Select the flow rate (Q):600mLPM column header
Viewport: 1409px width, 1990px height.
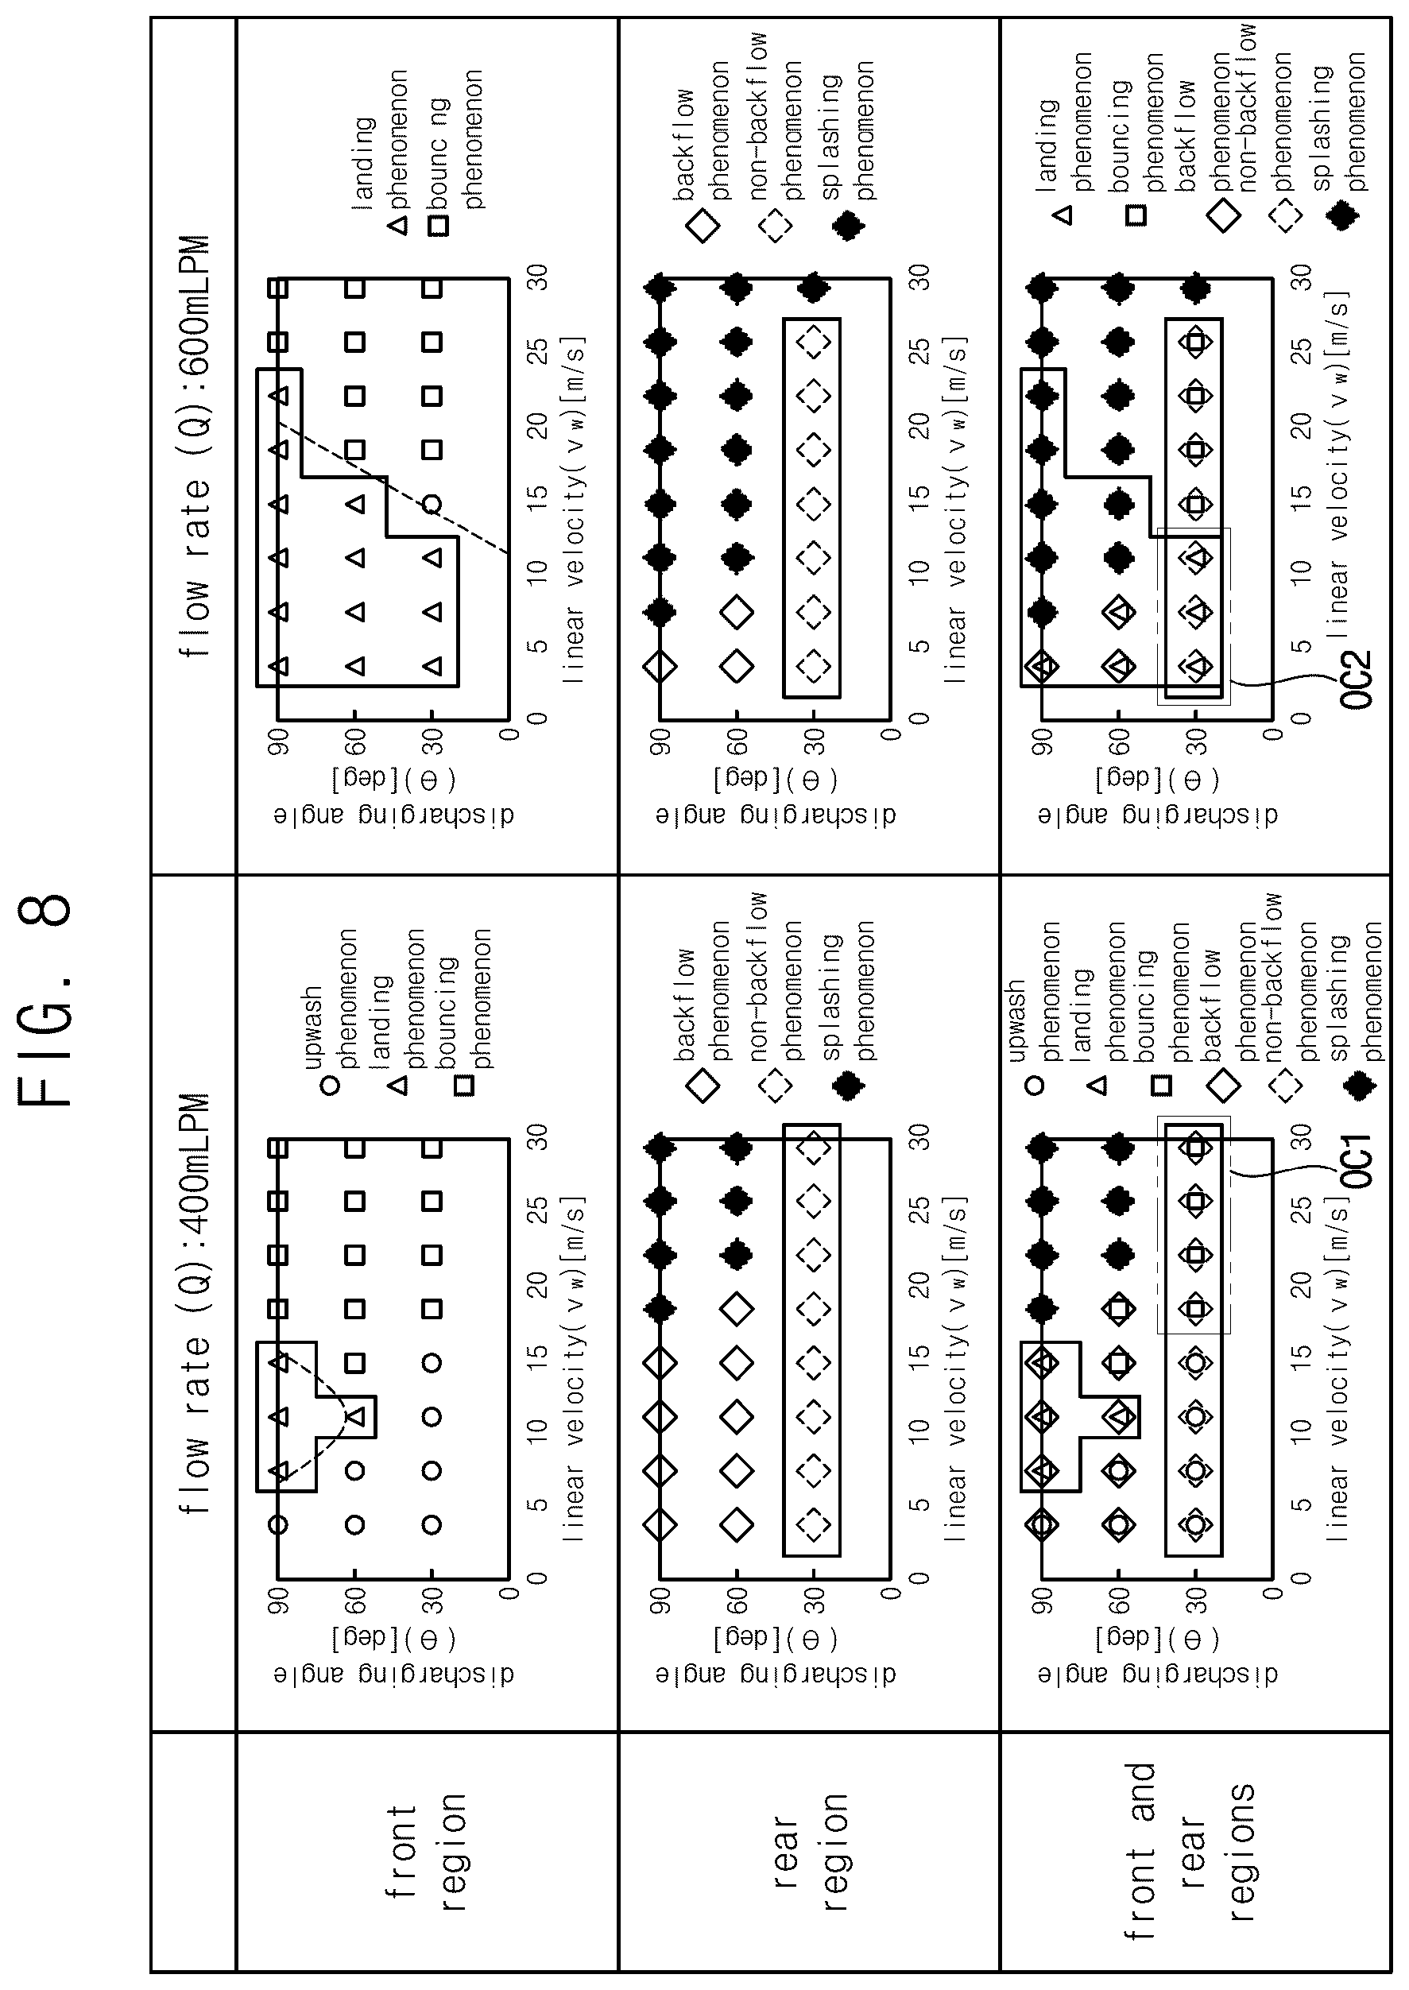(196, 446)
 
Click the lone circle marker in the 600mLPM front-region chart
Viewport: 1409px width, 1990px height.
(432, 504)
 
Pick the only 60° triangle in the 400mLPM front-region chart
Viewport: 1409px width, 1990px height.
(356, 1416)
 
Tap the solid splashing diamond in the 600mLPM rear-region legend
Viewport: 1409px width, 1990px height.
(848, 226)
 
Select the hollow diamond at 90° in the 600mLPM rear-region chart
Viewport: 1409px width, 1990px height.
(660, 666)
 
